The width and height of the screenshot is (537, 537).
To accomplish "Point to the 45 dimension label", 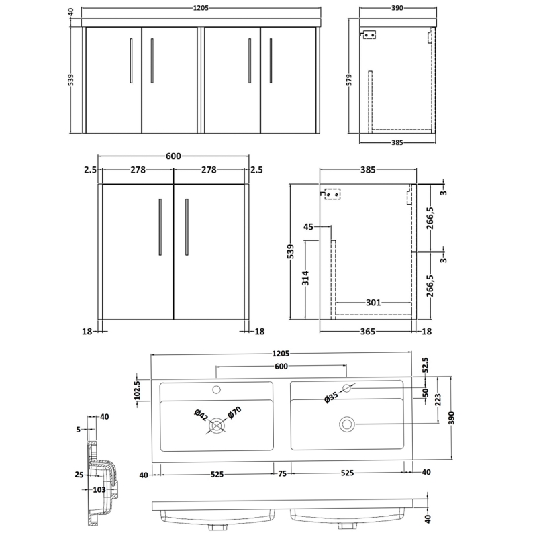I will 309,227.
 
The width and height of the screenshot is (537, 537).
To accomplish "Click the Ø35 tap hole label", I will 331,397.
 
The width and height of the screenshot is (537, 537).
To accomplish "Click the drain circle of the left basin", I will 216,425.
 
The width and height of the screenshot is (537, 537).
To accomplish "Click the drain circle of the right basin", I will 347,424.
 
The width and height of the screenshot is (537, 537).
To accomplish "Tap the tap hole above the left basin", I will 217,389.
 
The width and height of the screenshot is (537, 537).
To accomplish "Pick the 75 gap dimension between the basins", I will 282,474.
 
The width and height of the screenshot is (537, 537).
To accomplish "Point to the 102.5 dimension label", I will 137,391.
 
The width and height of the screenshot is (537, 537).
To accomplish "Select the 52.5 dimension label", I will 425,367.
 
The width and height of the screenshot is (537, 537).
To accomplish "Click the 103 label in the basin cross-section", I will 99,490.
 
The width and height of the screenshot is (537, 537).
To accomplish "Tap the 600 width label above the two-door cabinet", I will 173,156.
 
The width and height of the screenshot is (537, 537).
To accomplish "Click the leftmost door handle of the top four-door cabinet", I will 131,60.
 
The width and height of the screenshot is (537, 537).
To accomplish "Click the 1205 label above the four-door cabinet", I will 199,10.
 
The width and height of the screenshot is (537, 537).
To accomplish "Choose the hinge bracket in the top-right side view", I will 369,36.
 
